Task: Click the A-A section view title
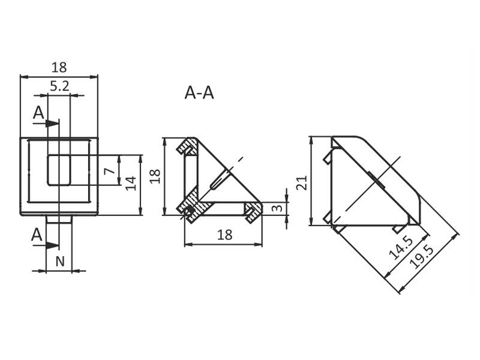199,93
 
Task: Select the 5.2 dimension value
59,86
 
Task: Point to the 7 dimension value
110,170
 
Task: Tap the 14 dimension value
131,183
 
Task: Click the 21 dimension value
302,183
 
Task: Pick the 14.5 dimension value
401,248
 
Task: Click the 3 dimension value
277,208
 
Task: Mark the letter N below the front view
60,262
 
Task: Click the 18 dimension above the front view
59,67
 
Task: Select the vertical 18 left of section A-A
155,176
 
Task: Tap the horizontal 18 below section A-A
224,235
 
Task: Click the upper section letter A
38,113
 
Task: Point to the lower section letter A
37,235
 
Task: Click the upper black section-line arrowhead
52,124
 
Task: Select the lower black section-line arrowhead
52,245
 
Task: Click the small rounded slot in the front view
59,170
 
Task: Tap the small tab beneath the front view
59,219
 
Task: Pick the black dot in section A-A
190,210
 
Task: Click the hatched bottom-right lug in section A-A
253,210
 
